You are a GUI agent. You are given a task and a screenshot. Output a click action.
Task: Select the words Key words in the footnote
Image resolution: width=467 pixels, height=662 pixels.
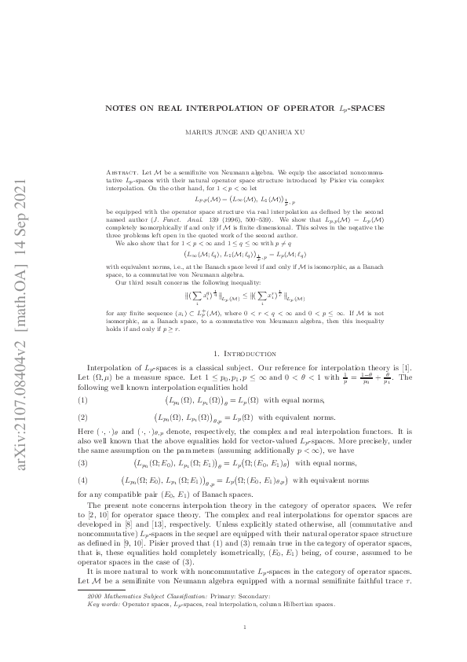(x=99, y=605)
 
